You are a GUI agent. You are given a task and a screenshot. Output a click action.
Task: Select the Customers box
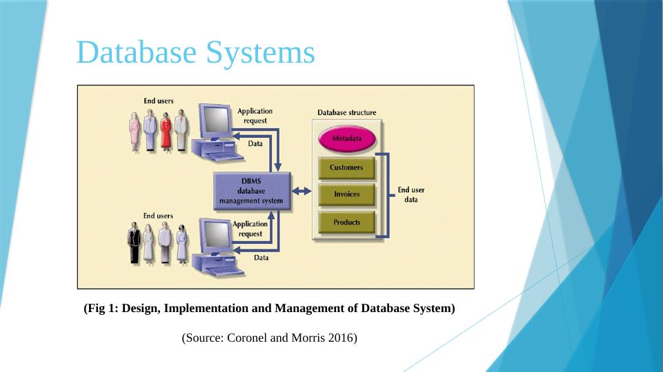pos(346,167)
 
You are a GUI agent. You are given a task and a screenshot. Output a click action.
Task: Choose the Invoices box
pos(346,194)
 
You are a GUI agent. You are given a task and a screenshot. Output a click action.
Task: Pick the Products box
pos(346,223)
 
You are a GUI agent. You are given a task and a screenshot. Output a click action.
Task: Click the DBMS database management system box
pos(251,191)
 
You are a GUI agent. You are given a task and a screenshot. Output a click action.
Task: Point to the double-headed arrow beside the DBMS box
pos(301,191)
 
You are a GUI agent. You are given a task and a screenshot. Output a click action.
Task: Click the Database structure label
pos(346,112)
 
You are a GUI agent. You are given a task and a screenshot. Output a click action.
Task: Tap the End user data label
pos(411,194)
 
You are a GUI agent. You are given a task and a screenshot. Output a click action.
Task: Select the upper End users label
pos(159,101)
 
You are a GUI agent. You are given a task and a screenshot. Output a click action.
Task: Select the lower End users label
pos(158,216)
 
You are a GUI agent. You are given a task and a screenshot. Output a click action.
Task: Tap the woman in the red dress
pos(166,134)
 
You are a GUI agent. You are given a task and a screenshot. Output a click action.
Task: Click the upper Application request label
pos(255,115)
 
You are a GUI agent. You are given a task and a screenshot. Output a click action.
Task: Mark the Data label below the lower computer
pos(261,258)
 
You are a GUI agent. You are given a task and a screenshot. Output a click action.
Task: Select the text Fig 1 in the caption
pos(99,309)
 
